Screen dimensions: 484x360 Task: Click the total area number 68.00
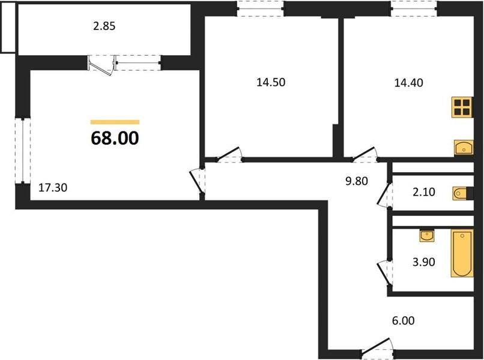[x=115, y=138]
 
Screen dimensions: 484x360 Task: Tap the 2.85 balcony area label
[x=104, y=26]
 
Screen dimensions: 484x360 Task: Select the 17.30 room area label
[x=53, y=187]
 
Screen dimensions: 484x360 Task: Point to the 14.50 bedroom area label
[x=271, y=82]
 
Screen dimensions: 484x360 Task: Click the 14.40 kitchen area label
[x=409, y=83]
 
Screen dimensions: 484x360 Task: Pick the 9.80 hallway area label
[x=357, y=181]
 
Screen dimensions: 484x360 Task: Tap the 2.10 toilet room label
[x=424, y=192]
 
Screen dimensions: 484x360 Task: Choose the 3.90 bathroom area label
[x=424, y=262]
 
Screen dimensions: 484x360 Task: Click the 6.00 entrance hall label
[x=403, y=320]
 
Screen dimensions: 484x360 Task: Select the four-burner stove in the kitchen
[x=462, y=107]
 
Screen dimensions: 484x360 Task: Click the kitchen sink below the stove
[x=464, y=148]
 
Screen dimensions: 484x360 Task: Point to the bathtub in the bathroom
[x=462, y=253]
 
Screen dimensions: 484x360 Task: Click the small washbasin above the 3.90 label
[x=427, y=236]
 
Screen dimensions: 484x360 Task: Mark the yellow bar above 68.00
[x=115, y=122]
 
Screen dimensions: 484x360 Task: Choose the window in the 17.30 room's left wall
[x=23, y=151]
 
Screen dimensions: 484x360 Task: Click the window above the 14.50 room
[x=261, y=8]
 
